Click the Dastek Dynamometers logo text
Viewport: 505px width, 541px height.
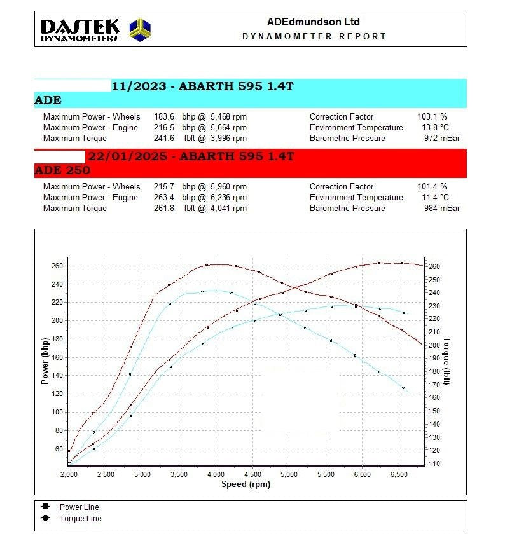(80, 30)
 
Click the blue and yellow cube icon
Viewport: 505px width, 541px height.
(140, 29)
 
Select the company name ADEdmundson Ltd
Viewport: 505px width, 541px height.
(313, 22)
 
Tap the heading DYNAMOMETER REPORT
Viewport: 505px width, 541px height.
(314, 36)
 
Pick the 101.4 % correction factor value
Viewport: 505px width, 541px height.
(432, 187)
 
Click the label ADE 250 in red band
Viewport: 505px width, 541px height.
(62, 170)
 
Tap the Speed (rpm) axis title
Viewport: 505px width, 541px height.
(246, 484)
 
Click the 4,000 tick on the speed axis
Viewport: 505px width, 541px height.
(216, 474)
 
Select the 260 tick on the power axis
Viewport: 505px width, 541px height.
(57, 266)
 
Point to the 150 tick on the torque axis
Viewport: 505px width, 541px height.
(434, 411)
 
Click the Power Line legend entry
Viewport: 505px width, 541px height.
(79, 507)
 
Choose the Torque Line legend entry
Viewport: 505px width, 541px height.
(80, 519)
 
